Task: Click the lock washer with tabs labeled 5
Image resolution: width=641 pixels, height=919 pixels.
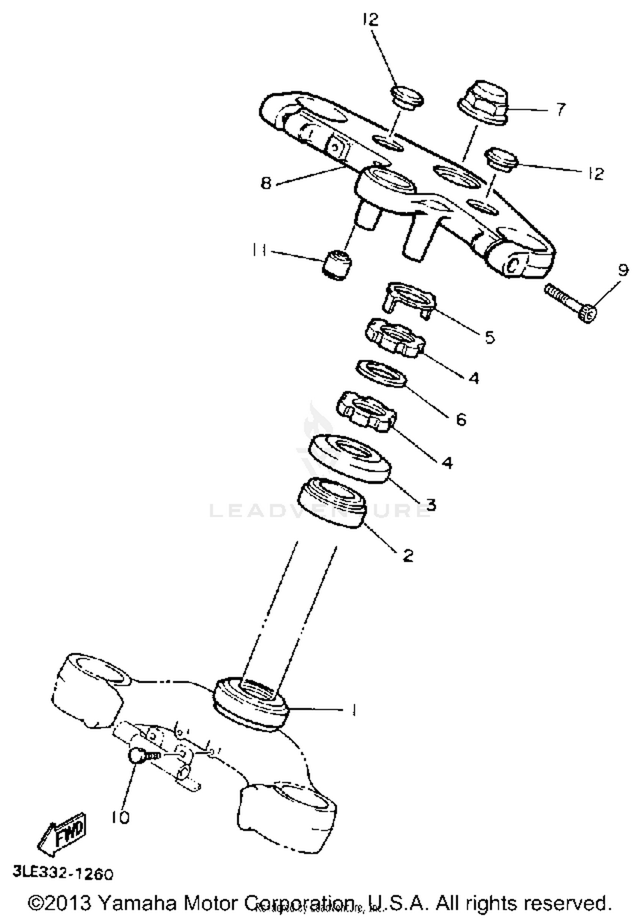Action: coord(409,299)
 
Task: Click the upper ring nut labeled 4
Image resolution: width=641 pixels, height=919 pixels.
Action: coord(394,337)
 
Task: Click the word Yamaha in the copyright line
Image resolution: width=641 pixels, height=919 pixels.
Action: coord(138,902)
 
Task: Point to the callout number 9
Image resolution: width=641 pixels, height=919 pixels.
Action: coord(623,270)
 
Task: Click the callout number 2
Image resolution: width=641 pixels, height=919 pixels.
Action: coord(408,555)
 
